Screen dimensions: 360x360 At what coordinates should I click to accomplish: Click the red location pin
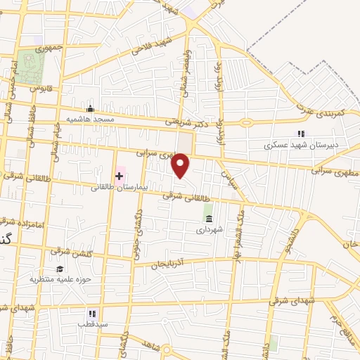pos(181,166)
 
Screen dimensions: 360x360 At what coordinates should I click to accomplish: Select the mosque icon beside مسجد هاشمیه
pos(90,108)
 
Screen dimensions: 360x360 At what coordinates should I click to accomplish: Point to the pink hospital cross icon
pos(119,174)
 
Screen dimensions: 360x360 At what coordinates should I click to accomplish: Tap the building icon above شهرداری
pos(208,217)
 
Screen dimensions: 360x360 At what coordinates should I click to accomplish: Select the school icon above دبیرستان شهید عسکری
pos(301,134)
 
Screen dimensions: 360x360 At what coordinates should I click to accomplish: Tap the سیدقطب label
pos(91,326)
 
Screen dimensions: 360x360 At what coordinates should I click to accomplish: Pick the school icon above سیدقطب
pos(91,314)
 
